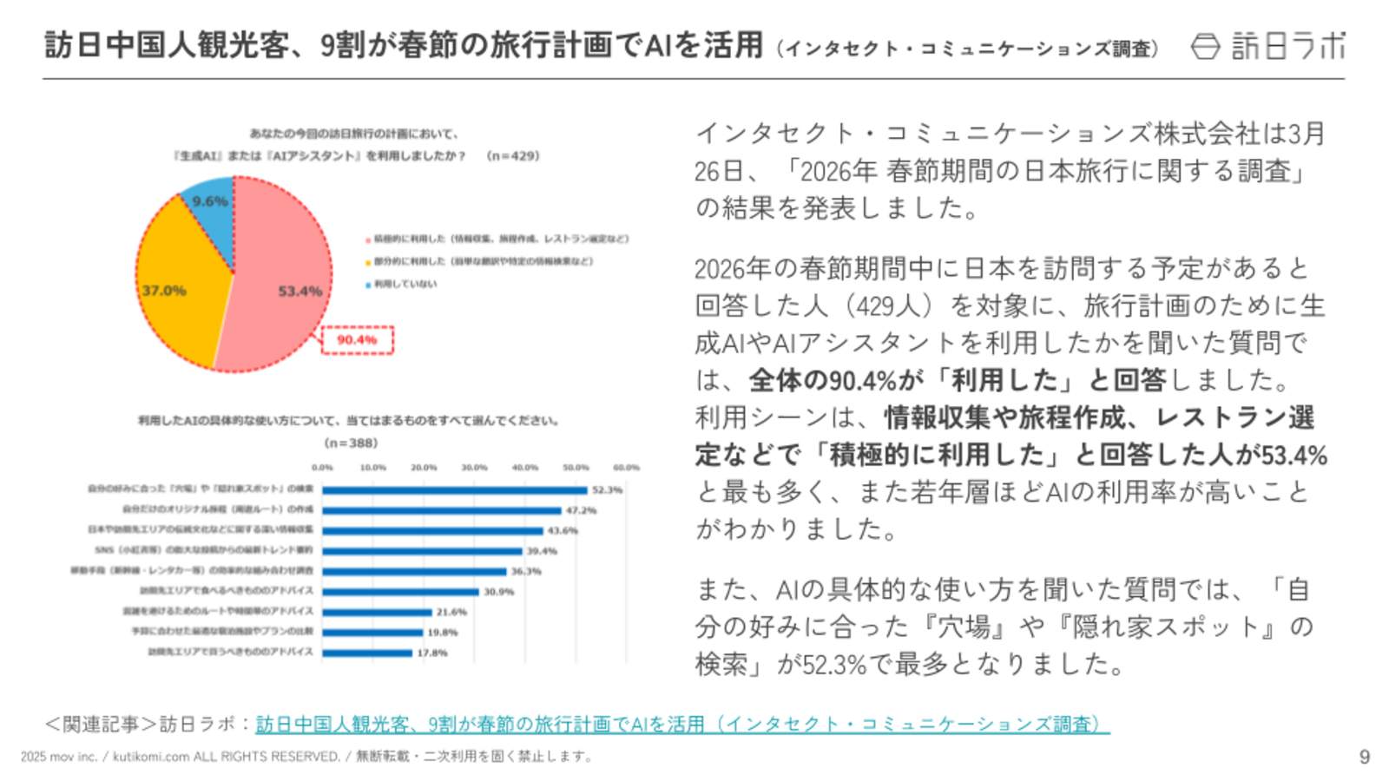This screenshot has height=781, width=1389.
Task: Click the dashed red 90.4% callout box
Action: point(358,340)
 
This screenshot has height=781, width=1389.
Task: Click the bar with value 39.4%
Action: point(422,551)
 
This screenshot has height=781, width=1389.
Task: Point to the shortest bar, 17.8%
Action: point(366,653)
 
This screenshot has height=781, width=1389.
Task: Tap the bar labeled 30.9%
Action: point(400,592)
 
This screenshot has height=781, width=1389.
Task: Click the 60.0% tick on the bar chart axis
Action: point(626,468)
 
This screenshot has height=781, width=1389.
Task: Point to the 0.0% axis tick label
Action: point(322,468)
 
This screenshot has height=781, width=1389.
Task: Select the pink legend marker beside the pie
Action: point(368,240)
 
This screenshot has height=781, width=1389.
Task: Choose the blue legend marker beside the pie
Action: point(368,285)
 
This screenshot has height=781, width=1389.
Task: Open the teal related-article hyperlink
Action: point(682,724)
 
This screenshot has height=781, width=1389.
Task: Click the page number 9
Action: point(1365,757)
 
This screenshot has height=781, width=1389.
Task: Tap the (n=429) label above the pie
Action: point(513,156)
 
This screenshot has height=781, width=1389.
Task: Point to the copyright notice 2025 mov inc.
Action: point(59,757)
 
